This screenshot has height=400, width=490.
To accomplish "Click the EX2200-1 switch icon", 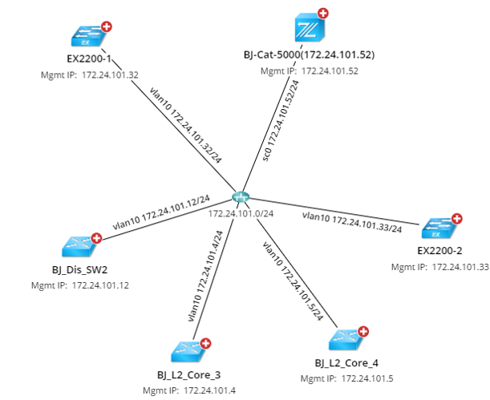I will (88, 37).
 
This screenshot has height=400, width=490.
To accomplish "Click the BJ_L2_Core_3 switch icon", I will (189, 349).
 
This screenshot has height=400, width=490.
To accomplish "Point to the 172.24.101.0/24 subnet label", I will (241, 213).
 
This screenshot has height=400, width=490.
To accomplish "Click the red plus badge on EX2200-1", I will (105, 27).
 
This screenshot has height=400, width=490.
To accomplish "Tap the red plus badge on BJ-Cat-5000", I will (322, 14).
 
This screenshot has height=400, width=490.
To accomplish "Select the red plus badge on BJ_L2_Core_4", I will (362, 331).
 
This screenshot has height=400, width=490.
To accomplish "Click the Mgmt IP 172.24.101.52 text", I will (309, 71).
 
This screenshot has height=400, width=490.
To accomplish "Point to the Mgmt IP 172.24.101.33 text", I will (440, 266).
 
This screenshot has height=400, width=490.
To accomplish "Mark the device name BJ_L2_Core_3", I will (190, 374).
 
